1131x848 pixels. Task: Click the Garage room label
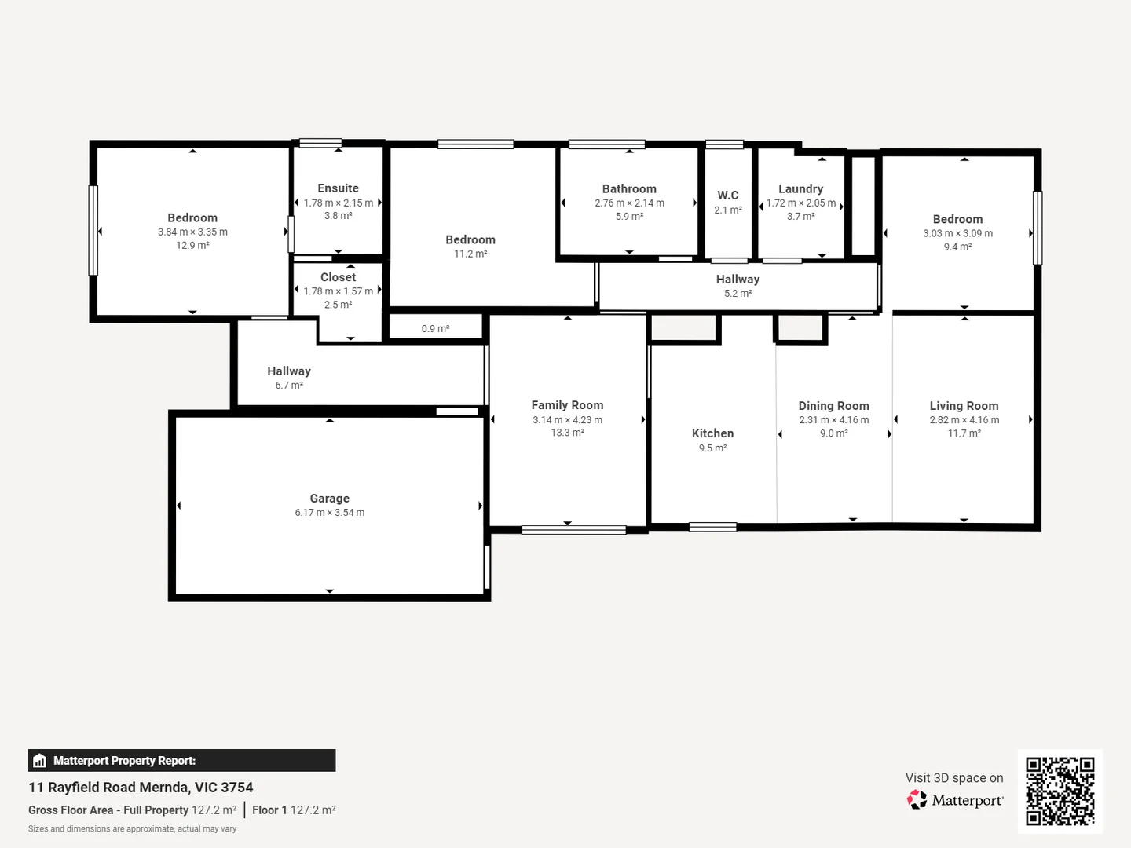point(329,499)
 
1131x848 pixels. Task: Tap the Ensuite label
point(338,188)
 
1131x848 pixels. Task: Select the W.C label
point(728,196)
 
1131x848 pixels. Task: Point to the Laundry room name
point(800,189)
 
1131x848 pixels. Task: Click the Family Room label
point(567,405)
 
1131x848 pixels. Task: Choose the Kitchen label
point(712,433)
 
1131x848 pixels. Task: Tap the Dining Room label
point(833,406)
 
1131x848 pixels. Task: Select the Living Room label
point(964,406)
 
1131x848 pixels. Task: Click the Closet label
point(338,277)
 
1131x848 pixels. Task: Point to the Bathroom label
point(629,189)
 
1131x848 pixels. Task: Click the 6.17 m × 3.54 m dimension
point(329,513)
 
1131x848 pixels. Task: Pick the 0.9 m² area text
point(435,329)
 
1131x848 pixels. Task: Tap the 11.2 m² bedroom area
point(470,254)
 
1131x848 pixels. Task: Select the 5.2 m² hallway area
point(738,294)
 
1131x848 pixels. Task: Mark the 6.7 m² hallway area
point(289,386)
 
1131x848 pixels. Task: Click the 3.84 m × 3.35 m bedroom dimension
point(192,232)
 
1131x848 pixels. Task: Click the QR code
point(1060,791)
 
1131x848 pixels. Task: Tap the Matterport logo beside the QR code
point(955,800)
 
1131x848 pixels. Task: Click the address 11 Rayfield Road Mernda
point(141,788)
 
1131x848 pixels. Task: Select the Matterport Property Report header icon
point(40,761)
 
